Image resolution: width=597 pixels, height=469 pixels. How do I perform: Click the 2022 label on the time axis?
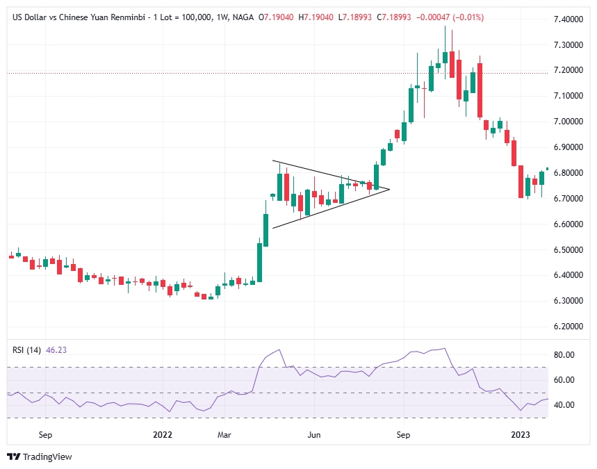click(x=162, y=435)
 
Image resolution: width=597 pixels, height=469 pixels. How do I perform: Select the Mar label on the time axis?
click(x=224, y=435)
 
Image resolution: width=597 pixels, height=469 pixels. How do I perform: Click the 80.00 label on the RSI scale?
click(x=564, y=355)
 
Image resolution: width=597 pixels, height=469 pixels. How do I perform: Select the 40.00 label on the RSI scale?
click(x=564, y=406)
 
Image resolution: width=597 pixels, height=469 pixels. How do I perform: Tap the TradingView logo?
click(x=40, y=456)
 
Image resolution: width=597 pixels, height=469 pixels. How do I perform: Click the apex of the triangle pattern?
click(x=389, y=189)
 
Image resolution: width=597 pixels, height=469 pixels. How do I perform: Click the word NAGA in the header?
click(x=242, y=17)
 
